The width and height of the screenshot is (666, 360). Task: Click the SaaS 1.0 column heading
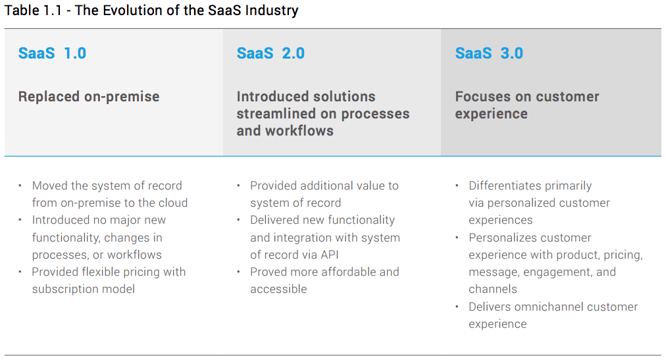click(x=52, y=53)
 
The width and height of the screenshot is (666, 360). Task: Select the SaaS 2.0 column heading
click(x=270, y=53)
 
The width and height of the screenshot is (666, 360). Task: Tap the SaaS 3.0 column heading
click(x=489, y=53)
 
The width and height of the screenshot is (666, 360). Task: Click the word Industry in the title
click(x=270, y=11)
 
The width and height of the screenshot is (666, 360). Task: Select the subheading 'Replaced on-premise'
click(x=89, y=97)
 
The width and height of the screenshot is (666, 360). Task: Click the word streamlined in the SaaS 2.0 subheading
click(x=275, y=114)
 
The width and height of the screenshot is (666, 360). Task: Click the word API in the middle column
click(x=329, y=255)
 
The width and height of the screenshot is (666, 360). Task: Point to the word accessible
click(x=278, y=289)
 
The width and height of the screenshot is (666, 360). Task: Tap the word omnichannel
click(x=551, y=307)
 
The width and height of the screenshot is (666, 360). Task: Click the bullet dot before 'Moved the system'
click(x=20, y=186)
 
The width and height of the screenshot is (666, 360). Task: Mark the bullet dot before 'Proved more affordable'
click(x=239, y=272)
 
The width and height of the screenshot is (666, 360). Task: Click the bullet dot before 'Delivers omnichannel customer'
click(x=457, y=307)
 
